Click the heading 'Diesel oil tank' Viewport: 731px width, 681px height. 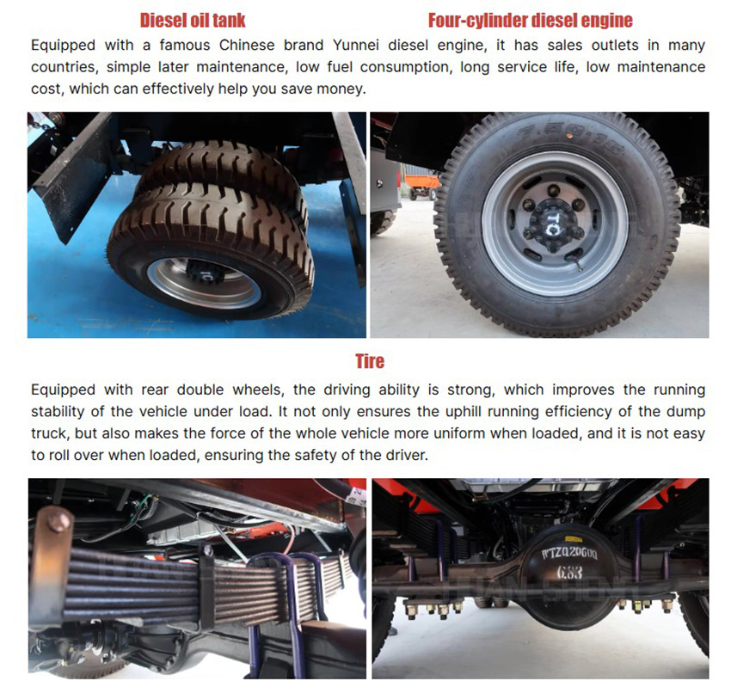(x=193, y=20)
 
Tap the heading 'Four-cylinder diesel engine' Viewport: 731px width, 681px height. (x=530, y=20)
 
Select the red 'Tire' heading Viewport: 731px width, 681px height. (x=370, y=361)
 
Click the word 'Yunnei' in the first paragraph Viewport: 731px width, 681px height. (x=355, y=46)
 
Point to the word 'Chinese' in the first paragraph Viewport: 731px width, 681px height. (x=247, y=46)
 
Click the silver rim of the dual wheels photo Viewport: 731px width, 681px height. (x=204, y=283)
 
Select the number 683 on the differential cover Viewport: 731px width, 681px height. (x=569, y=572)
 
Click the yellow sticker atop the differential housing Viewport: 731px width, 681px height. (x=573, y=539)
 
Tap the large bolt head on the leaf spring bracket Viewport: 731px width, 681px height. (x=58, y=521)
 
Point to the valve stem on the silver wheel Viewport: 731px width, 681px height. (x=578, y=263)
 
